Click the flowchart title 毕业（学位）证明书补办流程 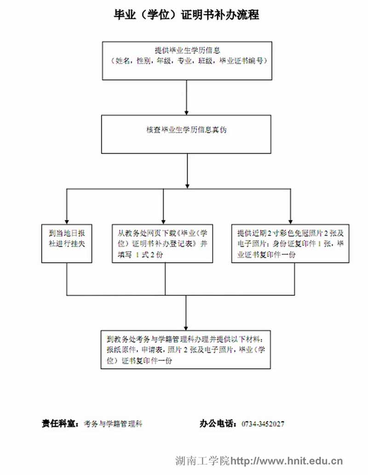click(186, 15)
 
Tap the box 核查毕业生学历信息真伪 click(186, 134)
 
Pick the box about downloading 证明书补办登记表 click(163, 243)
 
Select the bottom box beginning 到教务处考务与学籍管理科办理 click(186, 349)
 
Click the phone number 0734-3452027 click(263, 424)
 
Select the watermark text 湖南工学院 click(202, 461)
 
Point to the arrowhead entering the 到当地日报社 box click(67, 221)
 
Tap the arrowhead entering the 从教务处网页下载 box click(163, 221)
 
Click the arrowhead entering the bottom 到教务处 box click(186, 327)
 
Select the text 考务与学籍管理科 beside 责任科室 click(113, 424)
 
